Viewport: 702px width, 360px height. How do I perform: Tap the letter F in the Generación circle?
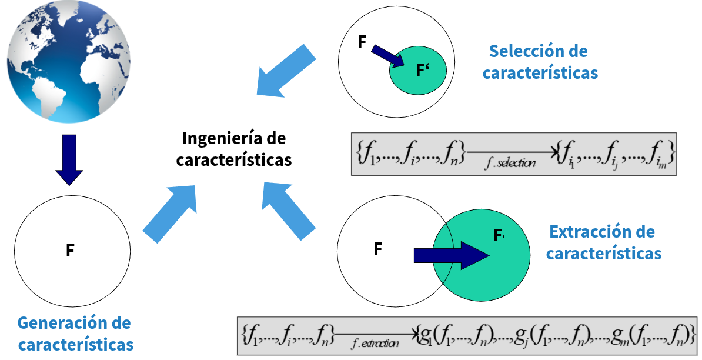70,251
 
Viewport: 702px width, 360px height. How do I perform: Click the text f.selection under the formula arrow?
511,163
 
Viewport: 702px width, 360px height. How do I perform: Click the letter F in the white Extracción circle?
378,249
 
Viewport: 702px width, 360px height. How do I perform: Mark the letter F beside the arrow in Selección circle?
362,42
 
